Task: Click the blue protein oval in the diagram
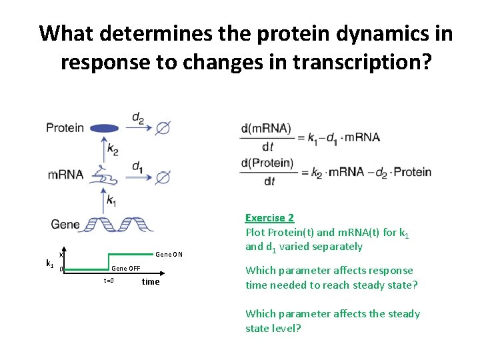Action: click(x=105, y=128)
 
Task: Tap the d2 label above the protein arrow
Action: click(x=138, y=118)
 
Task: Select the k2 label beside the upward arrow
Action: click(x=113, y=151)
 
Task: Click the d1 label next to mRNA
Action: click(x=137, y=166)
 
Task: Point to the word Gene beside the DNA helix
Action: click(x=65, y=225)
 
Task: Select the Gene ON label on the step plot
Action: click(x=169, y=255)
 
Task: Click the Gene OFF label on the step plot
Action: click(x=126, y=268)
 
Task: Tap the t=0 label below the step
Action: click(x=109, y=281)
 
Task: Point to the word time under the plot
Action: click(x=151, y=281)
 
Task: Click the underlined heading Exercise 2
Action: click(x=269, y=218)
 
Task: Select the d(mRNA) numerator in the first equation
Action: click(x=266, y=129)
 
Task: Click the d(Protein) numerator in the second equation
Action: click(x=267, y=163)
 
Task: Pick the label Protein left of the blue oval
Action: click(x=65, y=128)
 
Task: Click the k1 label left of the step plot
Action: click(x=49, y=264)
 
